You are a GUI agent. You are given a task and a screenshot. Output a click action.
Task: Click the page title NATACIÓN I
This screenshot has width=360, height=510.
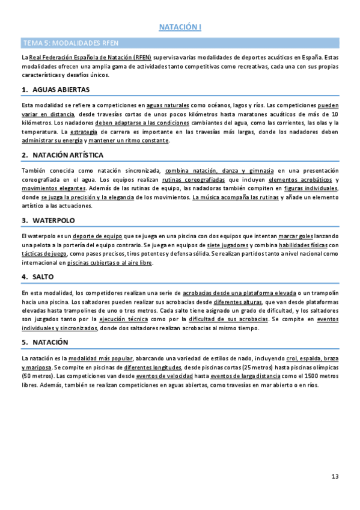coord(180,27)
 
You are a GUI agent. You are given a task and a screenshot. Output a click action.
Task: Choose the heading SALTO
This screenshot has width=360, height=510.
coord(43,277)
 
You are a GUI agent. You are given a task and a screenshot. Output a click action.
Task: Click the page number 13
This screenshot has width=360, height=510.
coord(335,477)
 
